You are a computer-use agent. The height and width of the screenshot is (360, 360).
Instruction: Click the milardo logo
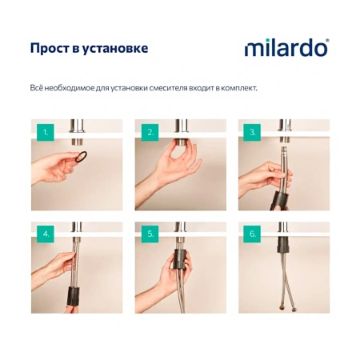286,48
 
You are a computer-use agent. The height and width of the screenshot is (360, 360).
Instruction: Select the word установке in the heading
118,48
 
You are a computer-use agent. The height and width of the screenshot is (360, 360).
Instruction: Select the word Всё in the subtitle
38,86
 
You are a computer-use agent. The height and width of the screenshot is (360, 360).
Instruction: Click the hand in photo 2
172,164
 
